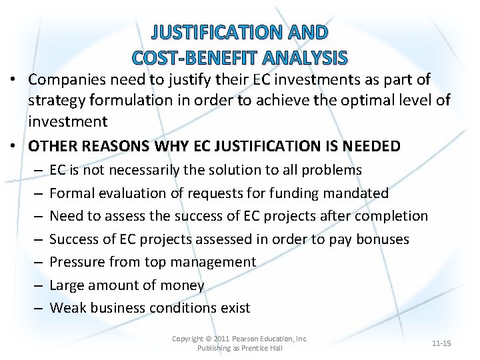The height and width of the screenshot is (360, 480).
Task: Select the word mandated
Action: click(357, 193)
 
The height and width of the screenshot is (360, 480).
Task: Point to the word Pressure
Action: click(79, 262)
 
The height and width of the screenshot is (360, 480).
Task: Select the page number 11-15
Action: click(441, 343)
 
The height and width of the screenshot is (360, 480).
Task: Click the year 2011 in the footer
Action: click(222, 339)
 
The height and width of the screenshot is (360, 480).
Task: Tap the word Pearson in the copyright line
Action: click(249, 339)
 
